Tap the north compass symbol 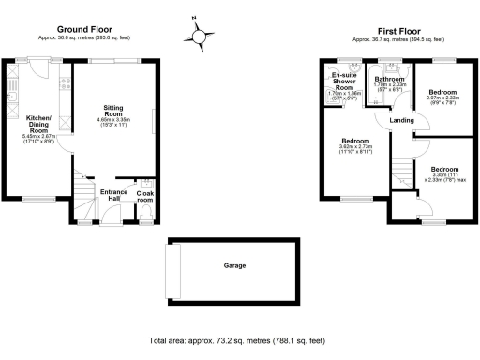(x=198, y=36)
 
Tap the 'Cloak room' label (x=145, y=197)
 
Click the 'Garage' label (x=234, y=265)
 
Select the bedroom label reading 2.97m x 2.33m (x=441, y=96)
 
